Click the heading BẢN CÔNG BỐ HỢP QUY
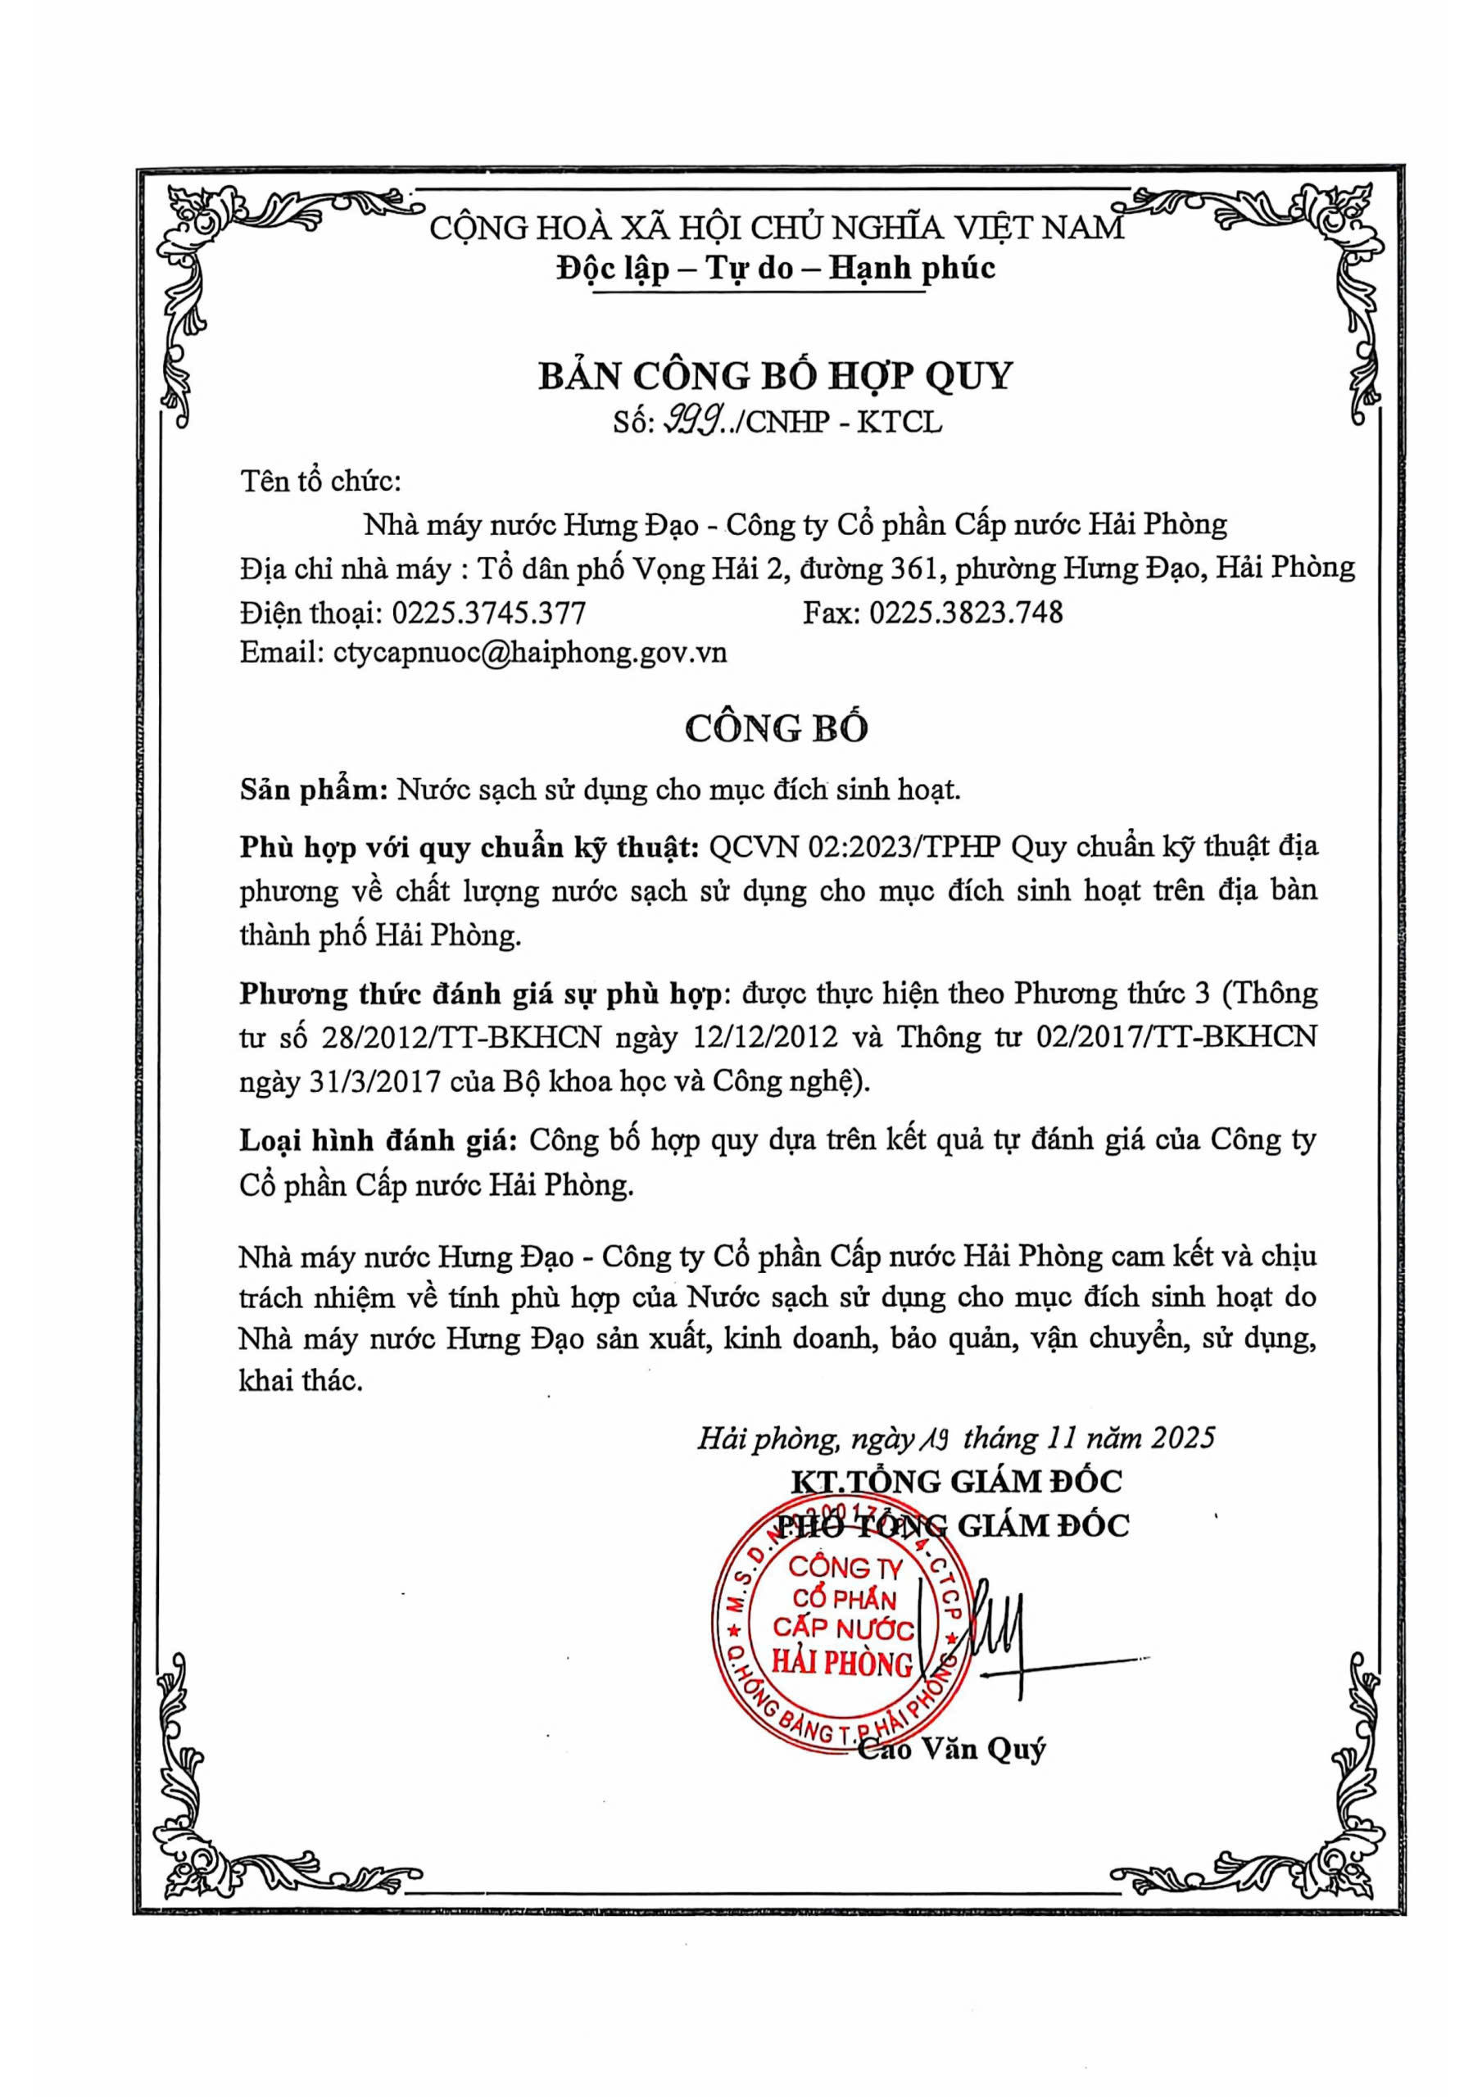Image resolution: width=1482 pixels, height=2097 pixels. point(775,375)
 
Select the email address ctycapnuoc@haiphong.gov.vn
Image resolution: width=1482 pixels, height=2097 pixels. point(530,652)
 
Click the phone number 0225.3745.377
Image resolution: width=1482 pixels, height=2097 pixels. point(488,611)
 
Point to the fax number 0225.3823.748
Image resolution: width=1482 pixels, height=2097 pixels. point(966,611)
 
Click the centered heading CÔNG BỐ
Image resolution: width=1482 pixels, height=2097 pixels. point(776,727)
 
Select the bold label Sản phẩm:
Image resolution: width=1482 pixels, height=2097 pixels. point(315,789)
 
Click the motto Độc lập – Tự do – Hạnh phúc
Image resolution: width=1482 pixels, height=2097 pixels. point(775,268)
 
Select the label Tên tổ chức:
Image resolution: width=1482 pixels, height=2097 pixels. point(320,482)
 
